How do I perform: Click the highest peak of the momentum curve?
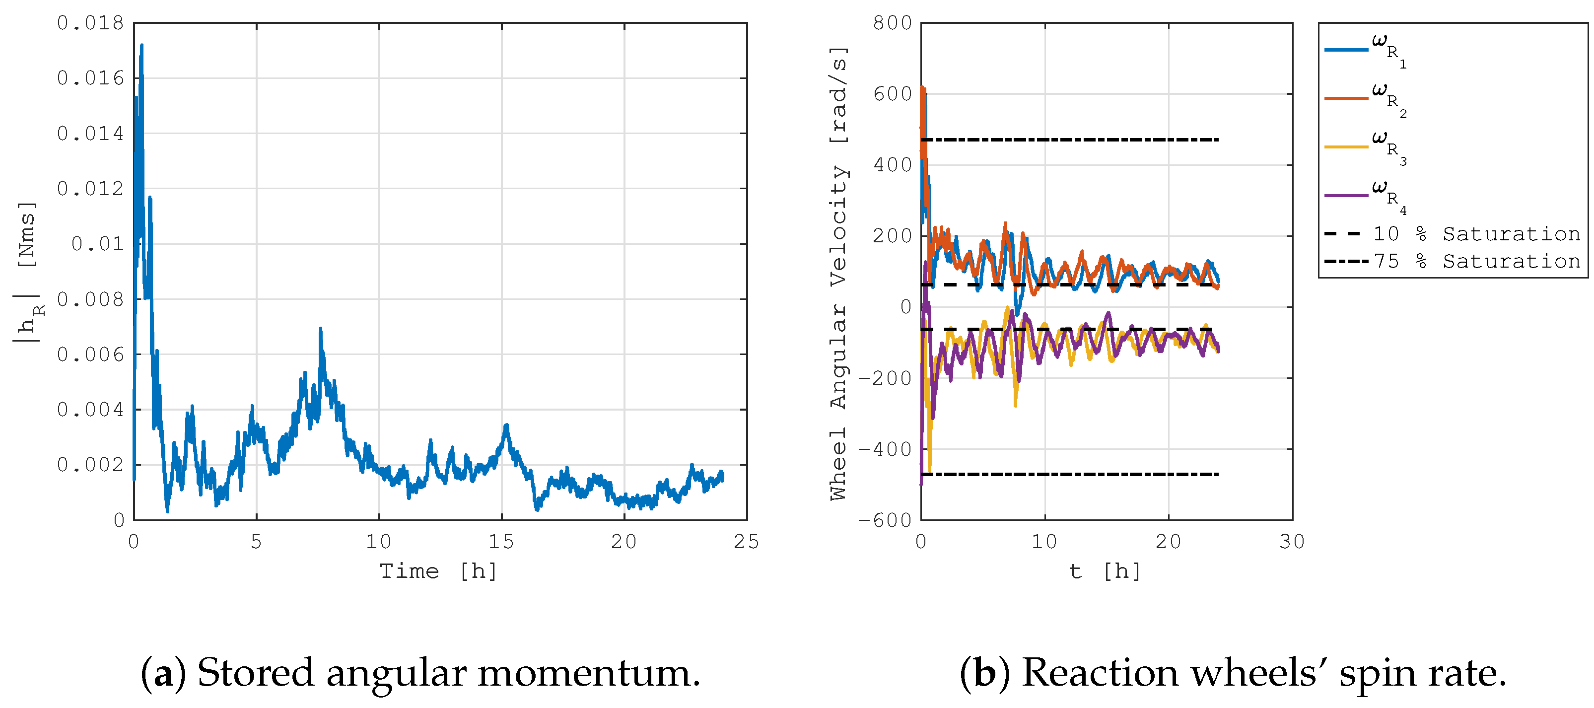(141, 46)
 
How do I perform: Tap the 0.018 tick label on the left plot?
(91, 23)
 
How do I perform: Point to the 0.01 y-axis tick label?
(98, 244)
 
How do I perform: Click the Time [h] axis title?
(438, 570)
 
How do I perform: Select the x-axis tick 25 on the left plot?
(746, 542)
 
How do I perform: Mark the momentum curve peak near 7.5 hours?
(321, 330)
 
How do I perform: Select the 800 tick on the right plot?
(892, 23)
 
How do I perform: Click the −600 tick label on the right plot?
(885, 520)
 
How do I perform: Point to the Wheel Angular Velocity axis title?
(838, 272)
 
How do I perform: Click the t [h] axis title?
(1105, 570)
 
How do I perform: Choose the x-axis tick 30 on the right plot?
(1292, 542)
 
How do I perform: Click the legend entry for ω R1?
(1388, 50)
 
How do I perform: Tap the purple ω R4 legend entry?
(1388, 196)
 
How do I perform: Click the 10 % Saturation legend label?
(1476, 234)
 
